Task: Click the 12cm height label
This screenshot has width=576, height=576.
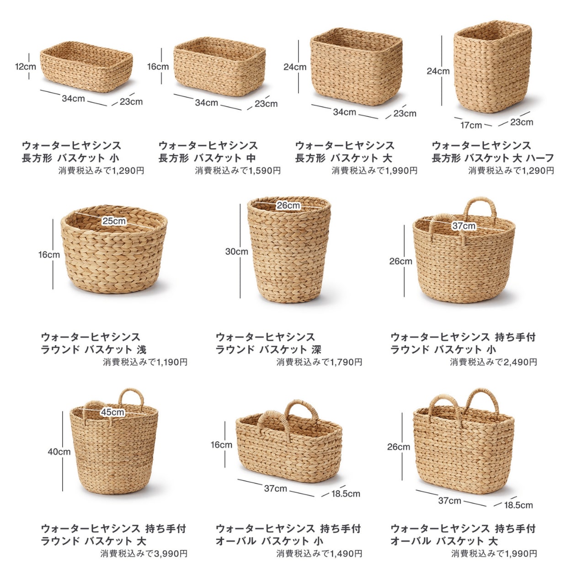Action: pos(26,66)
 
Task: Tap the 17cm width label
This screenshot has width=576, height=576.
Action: pos(471,125)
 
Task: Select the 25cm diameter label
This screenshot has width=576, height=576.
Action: pos(114,221)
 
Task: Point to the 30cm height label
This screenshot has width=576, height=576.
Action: pos(237,251)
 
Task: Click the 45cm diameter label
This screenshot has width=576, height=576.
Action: pos(112,412)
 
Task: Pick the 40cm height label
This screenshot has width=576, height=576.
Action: pos(59,451)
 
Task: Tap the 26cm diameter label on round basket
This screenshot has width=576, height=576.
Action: pos(288,205)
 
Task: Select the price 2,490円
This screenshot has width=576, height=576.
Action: pos(520,362)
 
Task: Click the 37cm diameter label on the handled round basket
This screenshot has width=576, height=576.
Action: pos(464,226)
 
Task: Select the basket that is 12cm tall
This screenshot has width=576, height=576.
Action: pos(86,67)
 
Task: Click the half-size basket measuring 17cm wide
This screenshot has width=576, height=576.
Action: pos(493,66)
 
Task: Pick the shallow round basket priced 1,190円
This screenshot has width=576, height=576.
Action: pos(114,249)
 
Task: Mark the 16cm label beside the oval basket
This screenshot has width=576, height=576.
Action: pos(221,444)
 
